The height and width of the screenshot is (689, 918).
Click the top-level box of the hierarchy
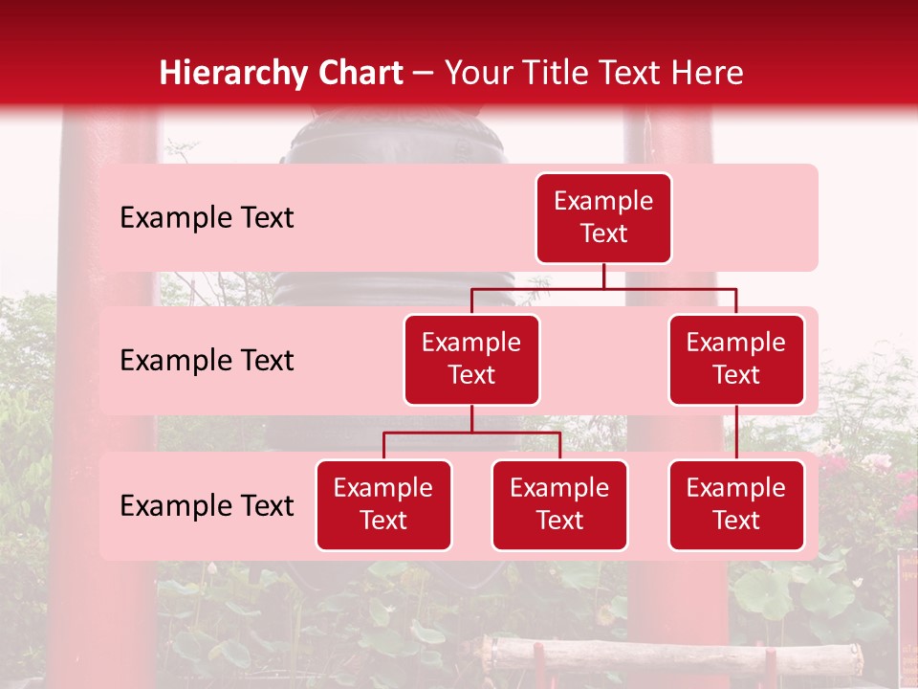603,217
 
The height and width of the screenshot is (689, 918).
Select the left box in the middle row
471,359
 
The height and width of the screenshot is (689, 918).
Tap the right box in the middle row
736,359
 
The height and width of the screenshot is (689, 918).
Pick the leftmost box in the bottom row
383,504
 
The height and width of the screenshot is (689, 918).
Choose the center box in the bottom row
559,504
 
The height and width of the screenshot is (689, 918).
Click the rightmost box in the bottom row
736,504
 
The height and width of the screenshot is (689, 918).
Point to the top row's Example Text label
207,218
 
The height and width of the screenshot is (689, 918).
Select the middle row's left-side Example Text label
207,361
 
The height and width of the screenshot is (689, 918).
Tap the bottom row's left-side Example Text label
207,506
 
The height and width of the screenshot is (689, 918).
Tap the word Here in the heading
703,73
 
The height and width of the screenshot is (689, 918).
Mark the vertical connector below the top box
603,276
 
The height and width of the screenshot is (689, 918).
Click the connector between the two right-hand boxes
736,433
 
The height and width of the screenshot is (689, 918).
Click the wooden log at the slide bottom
669,656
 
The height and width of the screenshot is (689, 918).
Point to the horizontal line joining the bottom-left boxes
471,433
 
